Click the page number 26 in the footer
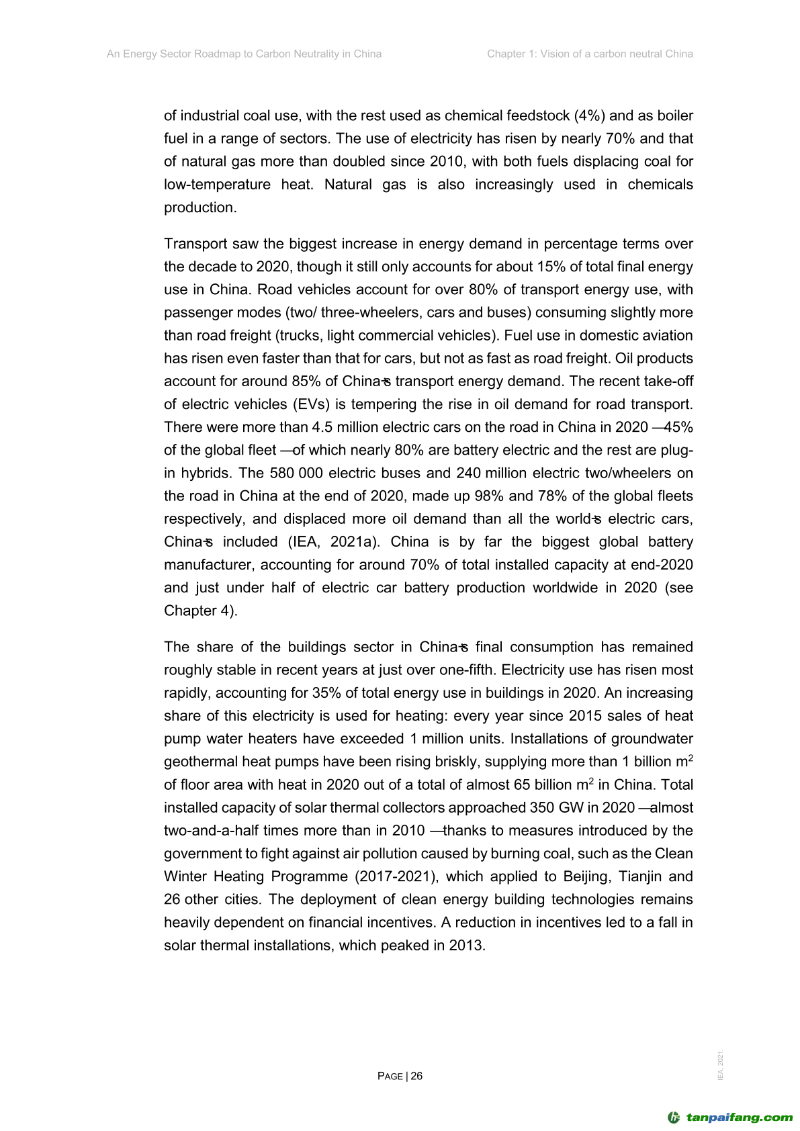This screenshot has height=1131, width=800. (x=416, y=1076)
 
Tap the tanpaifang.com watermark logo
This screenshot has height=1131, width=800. (x=730, y=1118)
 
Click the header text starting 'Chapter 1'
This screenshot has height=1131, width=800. (x=590, y=54)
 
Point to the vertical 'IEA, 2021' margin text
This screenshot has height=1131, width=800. (x=721, y=1065)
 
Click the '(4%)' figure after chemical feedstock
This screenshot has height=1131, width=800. (x=589, y=116)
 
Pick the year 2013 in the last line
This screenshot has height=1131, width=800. (x=465, y=945)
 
